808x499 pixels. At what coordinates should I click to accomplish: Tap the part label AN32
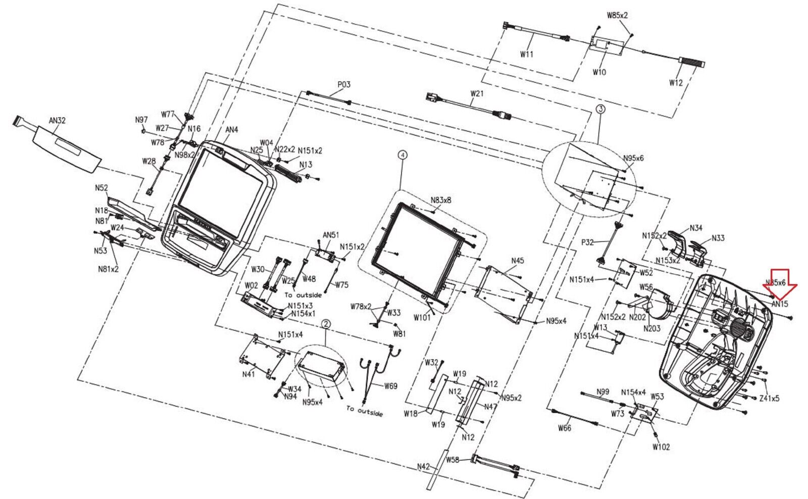57,121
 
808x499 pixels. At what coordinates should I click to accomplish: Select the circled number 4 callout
402,155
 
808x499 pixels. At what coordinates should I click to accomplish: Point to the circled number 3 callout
600,109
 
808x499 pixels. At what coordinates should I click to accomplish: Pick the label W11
527,54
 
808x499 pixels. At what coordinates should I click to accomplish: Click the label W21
477,93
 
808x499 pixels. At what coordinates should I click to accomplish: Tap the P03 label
344,85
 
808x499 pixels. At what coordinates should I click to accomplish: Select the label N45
518,261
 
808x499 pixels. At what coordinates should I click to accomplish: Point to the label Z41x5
769,398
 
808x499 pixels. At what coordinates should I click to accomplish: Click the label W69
390,386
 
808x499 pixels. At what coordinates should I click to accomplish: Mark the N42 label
423,467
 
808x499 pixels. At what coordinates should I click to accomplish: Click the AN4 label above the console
231,130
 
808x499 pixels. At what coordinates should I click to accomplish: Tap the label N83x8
441,200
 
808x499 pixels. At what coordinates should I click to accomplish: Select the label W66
565,428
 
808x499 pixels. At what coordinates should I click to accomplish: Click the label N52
102,188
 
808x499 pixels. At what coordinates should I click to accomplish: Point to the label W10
599,72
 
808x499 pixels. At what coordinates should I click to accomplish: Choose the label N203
651,328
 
